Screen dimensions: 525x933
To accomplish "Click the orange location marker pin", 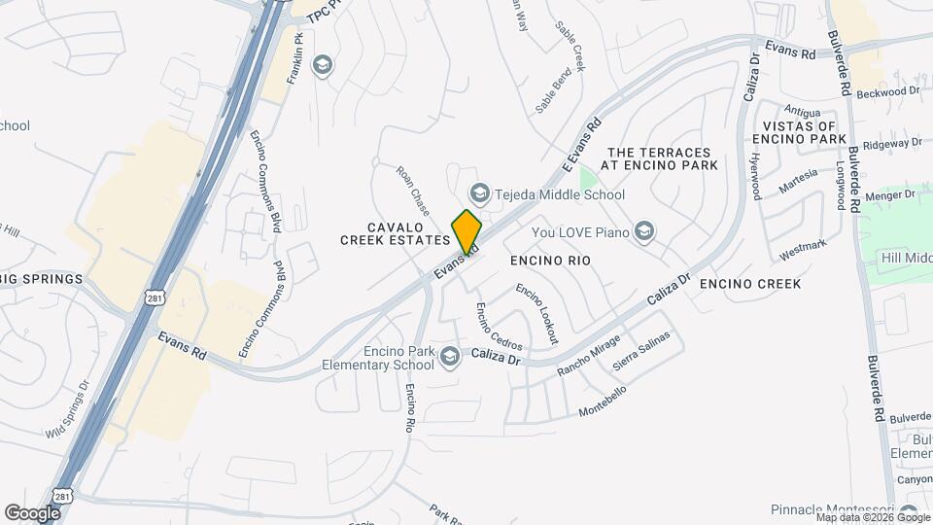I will point(466,230).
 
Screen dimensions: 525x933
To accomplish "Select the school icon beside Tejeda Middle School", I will point(478,192).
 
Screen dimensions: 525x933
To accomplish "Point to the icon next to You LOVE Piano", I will point(642,231).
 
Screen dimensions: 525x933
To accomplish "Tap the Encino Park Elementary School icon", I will point(449,358).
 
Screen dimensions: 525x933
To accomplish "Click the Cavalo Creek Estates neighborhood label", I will point(394,232).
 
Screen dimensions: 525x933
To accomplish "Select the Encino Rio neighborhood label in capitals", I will point(550,262).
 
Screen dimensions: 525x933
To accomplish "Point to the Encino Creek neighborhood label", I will point(750,284).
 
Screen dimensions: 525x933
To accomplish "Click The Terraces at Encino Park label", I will point(662,159).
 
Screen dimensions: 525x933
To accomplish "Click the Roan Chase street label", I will point(413,191).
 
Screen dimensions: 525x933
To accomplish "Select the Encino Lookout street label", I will point(537,313).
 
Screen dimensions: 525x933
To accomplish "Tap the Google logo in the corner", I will point(32,512).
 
